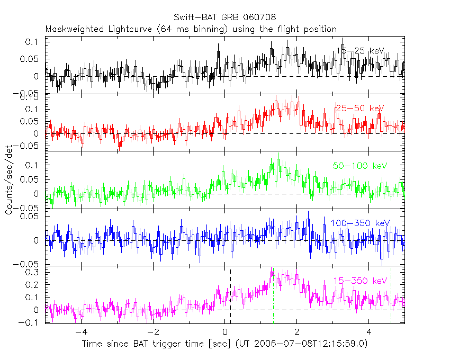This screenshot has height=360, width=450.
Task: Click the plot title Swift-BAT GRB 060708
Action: pyautogui.click(x=224, y=19)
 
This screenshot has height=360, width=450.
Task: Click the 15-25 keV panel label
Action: pyautogui.click(x=360, y=51)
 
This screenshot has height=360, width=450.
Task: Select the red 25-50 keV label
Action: pyautogui.click(x=360, y=109)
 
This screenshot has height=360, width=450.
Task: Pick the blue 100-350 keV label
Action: pyautogui.click(x=360, y=223)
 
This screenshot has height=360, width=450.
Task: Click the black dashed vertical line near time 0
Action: pyautogui.click(x=230, y=296)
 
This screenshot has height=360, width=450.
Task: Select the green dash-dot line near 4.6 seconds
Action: pyautogui.click(x=391, y=296)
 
